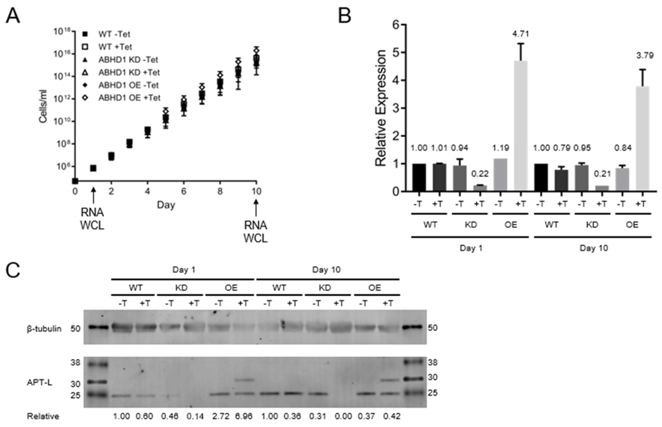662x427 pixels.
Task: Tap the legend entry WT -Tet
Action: click(114, 34)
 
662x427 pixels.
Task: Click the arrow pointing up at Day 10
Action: click(256, 208)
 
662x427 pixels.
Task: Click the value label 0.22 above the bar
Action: click(480, 174)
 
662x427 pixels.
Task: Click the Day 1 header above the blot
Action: click(184, 270)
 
